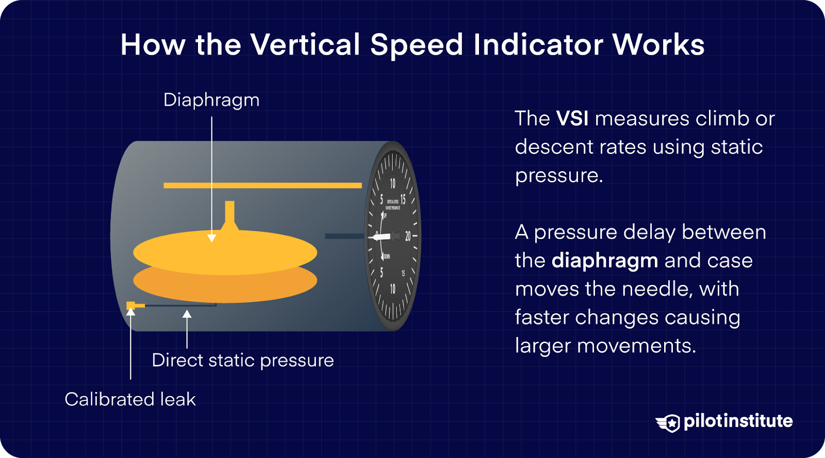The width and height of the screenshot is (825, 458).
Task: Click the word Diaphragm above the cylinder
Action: [211, 100]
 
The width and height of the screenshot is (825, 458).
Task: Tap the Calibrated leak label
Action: [130, 399]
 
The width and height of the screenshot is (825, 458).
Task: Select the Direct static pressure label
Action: [242, 360]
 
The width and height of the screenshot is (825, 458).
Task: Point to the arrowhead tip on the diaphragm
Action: [211, 239]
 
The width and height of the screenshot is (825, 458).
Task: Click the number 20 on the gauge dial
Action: [408, 236]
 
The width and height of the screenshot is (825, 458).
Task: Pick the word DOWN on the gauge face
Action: [387, 256]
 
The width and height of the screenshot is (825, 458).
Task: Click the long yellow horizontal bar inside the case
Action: [262, 185]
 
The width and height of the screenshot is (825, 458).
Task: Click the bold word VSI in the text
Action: [572, 118]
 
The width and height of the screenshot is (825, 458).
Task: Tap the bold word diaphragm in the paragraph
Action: [604, 261]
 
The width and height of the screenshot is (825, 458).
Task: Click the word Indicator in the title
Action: [538, 45]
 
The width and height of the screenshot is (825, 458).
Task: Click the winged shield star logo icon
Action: [669, 423]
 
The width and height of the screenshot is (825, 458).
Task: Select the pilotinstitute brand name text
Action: [738, 421]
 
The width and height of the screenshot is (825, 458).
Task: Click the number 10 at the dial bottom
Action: [392, 289]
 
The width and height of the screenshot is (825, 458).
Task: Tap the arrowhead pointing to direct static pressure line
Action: [187, 314]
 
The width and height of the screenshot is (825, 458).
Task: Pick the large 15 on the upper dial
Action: [403, 199]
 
